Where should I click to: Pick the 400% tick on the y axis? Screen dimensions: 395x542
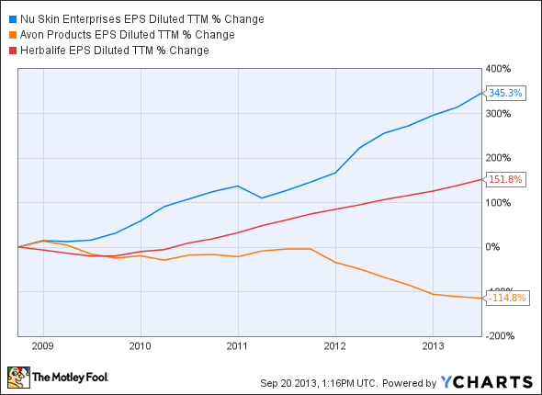[x=500, y=69]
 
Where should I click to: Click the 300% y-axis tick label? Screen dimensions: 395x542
[x=500, y=114]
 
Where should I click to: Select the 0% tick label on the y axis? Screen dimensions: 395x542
[x=494, y=247]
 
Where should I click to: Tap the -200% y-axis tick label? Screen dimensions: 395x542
[x=502, y=337]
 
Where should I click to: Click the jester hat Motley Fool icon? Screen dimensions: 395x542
[x=17, y=378]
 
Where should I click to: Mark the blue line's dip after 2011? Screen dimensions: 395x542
[x=262, y=197]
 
